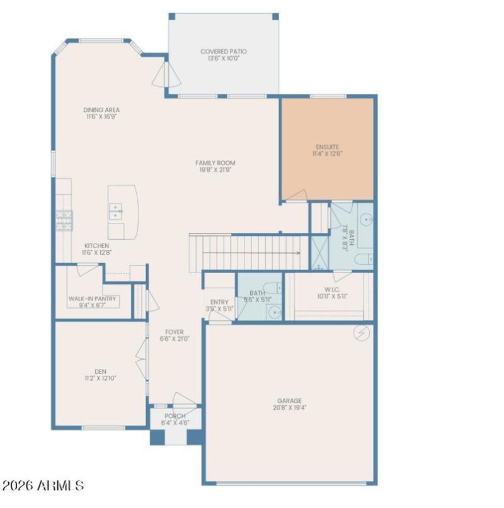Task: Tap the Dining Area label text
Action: pyautogui.click(x=101, y=109)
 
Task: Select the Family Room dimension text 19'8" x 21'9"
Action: pyautogui.click(x=215, y=170)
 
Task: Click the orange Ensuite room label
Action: pyautogui.click(x=328, y=147)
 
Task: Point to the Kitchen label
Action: pyautogui.click(x=96, y=246)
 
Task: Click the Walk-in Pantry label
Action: pyautogui.click(x=92, y=298)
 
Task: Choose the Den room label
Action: pyautogui.click(x=101, y=371)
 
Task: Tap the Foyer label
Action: pyautogui.click(x=175, y=332)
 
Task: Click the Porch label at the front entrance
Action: pyautogui.click(x=175, y=416)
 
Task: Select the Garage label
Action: pyautogui.click(x=289, y=400)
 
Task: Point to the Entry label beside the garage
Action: pyautogui.click(x=219, y=302)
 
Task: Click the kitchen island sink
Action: pyautogui.click(x=115, y=211)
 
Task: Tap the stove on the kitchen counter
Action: pyautogui.click(x=64, y=217)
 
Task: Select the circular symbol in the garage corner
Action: pyautogui.click(x=363, y=332)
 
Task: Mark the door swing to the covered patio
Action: pyautogui.click(x=167, y=74)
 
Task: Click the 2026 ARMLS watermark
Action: pyautogui.click(x=43, y=486)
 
